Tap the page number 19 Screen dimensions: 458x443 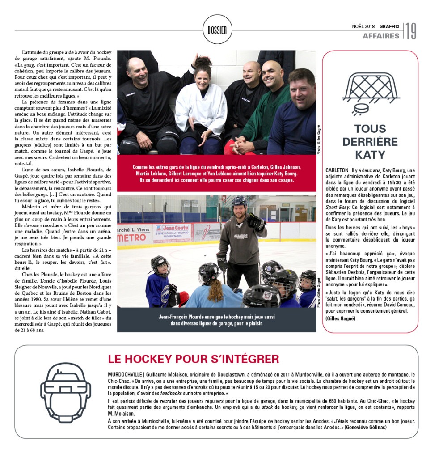[x=411, y=31]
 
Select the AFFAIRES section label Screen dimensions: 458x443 [x=381, y=36]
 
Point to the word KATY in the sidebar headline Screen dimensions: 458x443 [x=370, y=155]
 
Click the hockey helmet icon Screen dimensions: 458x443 [x=65, y=392]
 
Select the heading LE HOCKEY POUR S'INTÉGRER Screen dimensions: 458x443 [x=194, y=359]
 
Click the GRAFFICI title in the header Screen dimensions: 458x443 [x=390, y=26]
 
